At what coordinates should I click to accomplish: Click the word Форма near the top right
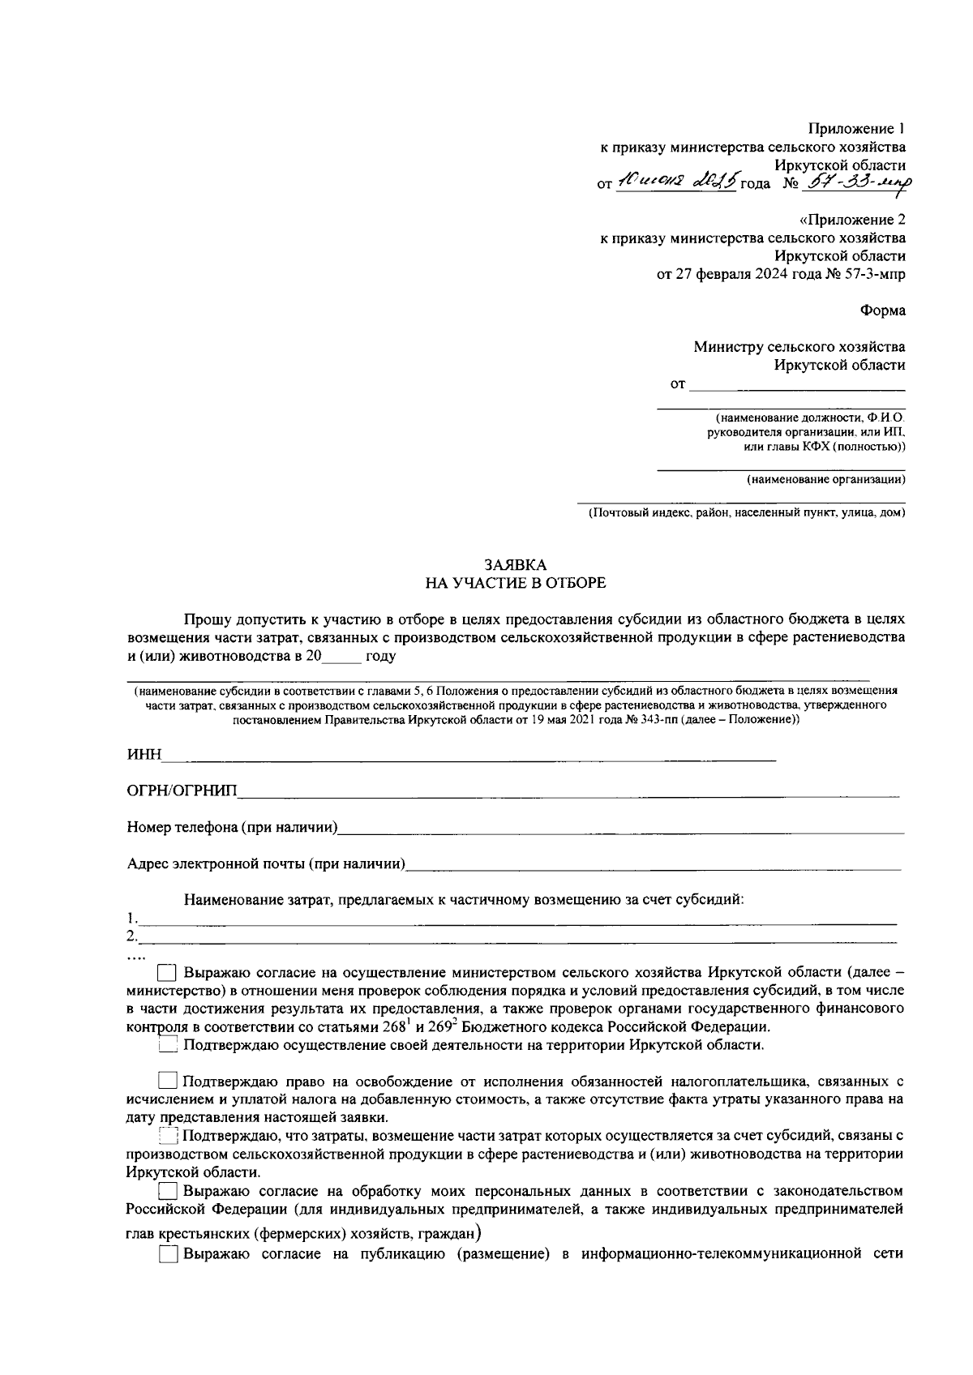click(x=883, y=311)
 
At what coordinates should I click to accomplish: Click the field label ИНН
click(x=145, y=756)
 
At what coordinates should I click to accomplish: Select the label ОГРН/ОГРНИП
click(x=182, y=792)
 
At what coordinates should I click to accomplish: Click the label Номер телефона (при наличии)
click(x=232, y=828)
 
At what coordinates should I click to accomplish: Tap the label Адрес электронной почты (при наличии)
click(x=266, y=864)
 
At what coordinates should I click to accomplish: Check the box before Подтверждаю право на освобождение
click(x=167, y=1082)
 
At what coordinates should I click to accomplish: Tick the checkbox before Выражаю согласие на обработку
click(x=167, y=1192)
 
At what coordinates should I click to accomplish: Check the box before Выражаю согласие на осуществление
click(x=167, y=972)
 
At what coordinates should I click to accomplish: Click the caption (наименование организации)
click(x=825, y=479)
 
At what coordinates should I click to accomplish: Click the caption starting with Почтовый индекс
click(x=746, y=512)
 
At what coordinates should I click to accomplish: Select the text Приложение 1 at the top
click(x=856, y=129)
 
